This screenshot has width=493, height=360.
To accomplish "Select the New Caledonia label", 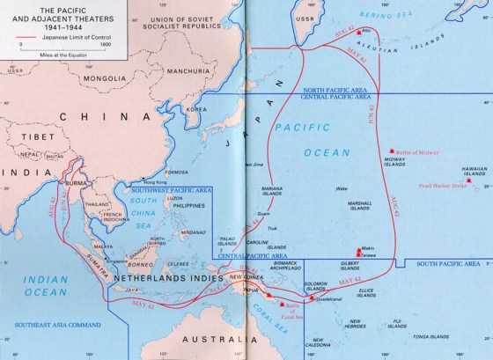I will (339, 344).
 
